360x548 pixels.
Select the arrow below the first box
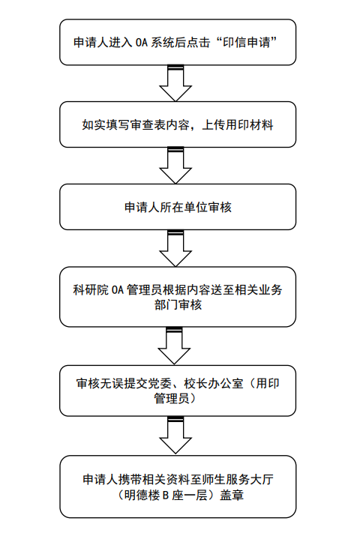tap(175, 82)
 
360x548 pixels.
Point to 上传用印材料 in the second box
tap(238, 124)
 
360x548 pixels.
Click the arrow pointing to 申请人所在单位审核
tap(175, 166)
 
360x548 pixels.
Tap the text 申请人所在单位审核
tap(178, 207)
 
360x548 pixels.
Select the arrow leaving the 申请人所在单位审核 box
tap(175, 248)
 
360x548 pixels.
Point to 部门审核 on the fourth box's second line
tap(178, 305)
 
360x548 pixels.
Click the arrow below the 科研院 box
tap(174, 346)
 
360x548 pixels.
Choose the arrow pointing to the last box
tap(175, 435)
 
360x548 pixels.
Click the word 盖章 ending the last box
tap(232, 496)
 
